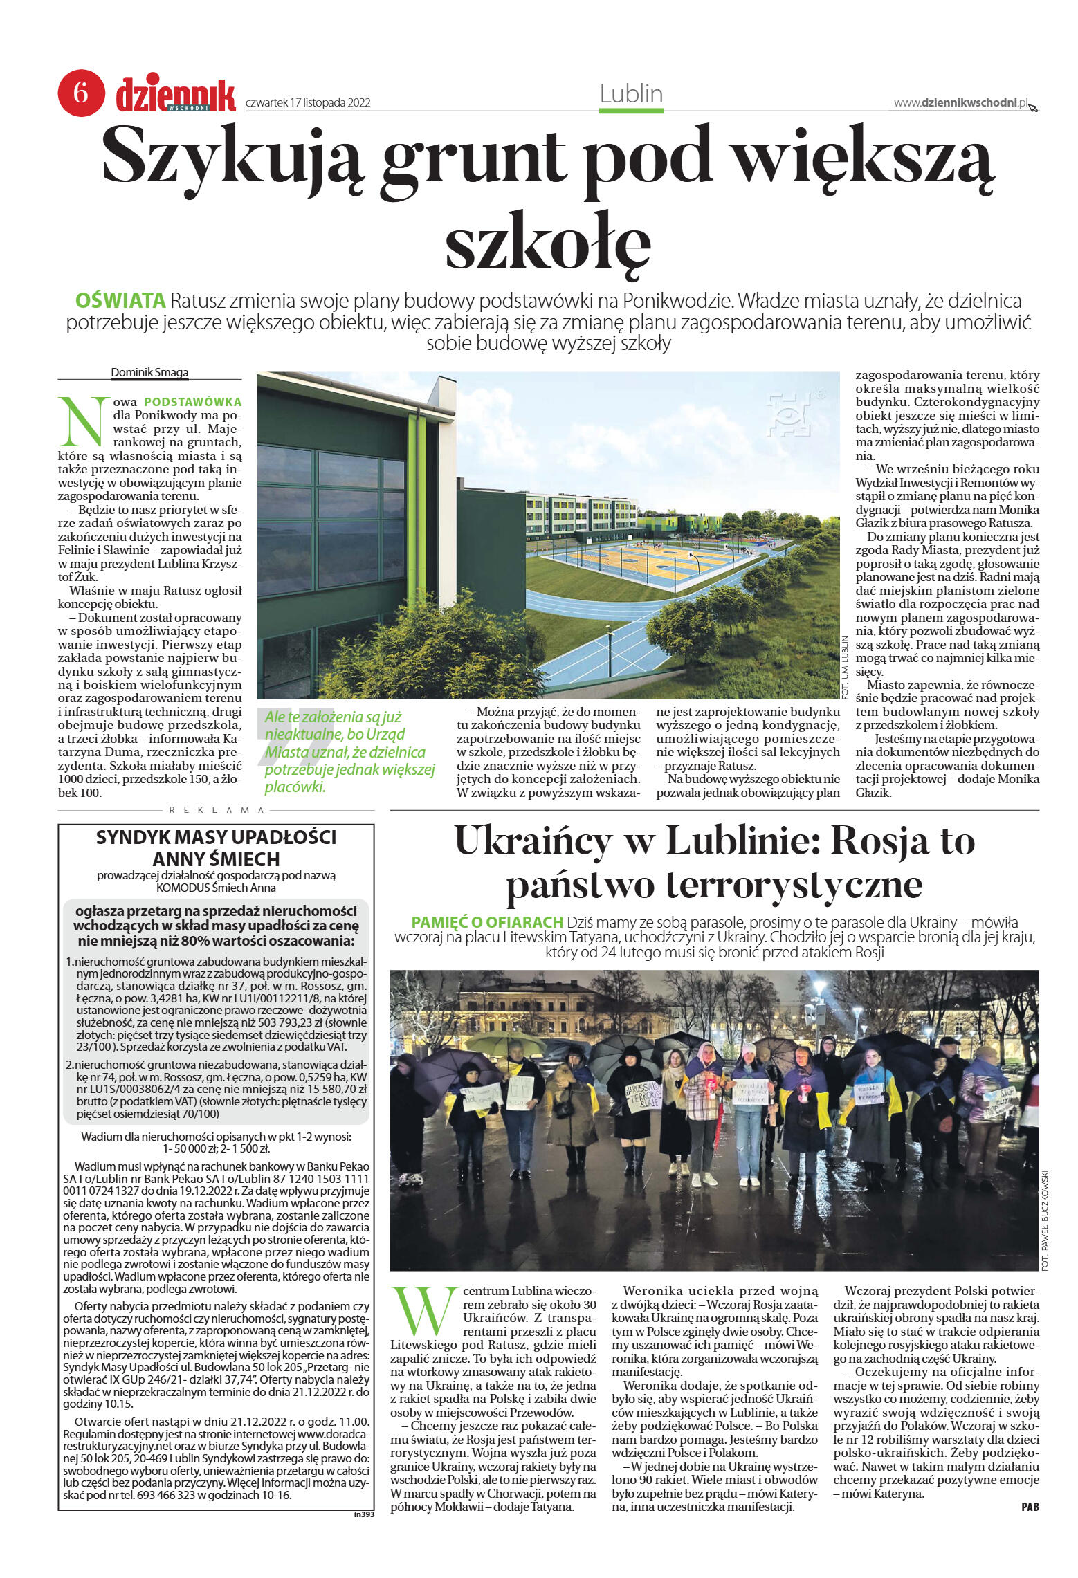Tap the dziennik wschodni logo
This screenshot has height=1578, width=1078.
176,95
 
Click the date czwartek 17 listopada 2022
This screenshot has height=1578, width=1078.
308,103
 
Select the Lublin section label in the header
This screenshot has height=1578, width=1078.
631,94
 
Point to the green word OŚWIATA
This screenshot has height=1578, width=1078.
120,301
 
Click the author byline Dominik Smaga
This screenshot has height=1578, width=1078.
149,372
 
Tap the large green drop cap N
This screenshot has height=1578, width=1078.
84,421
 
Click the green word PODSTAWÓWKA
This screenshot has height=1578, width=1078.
192,402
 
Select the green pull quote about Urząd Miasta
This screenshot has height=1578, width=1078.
349,752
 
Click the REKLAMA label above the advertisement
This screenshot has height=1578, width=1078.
217,810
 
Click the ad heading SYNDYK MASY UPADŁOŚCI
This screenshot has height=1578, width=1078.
216,837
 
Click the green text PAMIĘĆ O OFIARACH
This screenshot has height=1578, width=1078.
487,922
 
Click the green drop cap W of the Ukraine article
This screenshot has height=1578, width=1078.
424,1311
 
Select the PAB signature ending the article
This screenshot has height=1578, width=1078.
1030,1507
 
